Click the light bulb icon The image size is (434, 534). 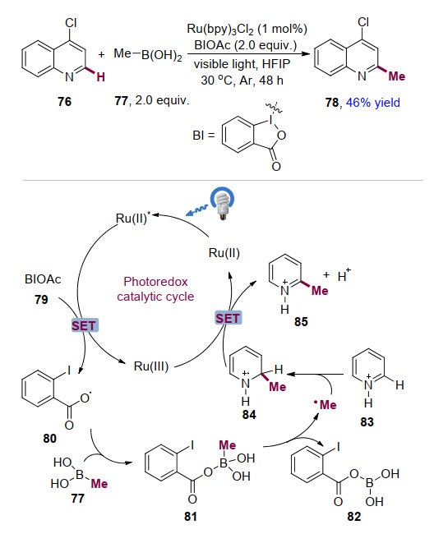223,203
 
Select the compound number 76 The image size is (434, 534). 64,102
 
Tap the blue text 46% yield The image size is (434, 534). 373,103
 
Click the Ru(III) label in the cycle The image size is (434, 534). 151,366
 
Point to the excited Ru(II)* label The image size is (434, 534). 133,218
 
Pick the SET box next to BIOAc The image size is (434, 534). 84,325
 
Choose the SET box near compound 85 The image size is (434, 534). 228,318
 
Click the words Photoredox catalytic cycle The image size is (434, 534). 155,289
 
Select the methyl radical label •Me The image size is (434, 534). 325,404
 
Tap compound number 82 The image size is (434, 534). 354,517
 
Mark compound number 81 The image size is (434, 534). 191,517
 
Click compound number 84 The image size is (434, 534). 249,415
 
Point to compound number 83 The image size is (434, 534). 367,422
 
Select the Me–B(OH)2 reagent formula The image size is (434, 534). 148,54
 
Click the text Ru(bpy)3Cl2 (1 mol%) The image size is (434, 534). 247,30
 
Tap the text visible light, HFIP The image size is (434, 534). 242,64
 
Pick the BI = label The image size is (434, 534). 204,136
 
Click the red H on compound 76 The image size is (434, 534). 100,77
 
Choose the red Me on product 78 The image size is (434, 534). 397,76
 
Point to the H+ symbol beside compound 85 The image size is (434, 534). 344,275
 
